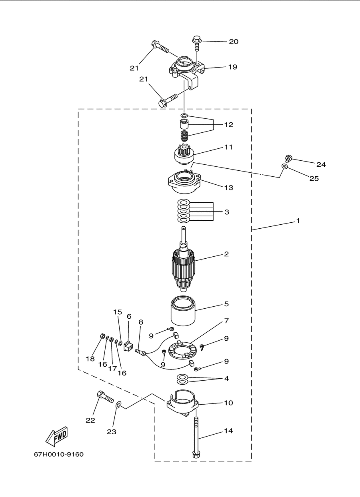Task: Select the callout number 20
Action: point(234,42)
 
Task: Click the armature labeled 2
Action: point(183,259)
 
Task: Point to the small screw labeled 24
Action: point(288,159)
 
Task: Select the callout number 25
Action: point(314,179)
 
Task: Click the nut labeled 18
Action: point(102,336)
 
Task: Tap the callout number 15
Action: point(118,312)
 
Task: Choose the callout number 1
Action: point(298,221)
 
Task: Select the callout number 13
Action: point(229,188)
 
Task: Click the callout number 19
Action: point(233,67)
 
